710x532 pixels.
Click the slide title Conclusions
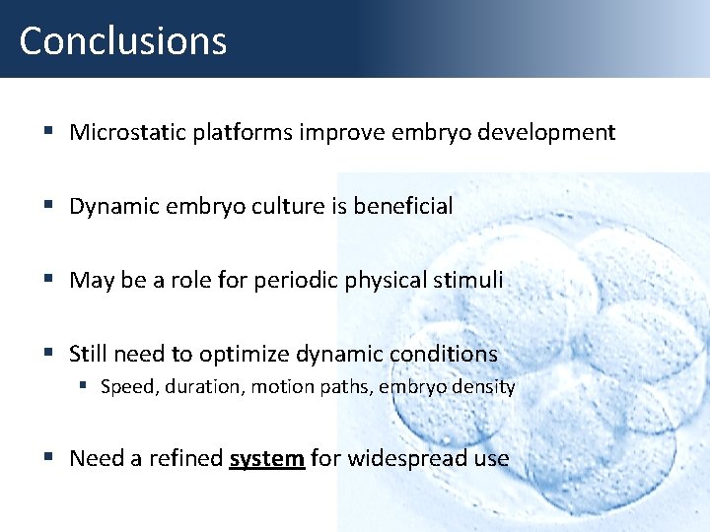[x=122, y=40]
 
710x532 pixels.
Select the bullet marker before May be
[x=48, y=280]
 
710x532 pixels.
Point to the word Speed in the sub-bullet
[x=128, y=387]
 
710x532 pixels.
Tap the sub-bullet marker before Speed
[x=87, y=386]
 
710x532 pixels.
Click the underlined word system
[x=266, y=458]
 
